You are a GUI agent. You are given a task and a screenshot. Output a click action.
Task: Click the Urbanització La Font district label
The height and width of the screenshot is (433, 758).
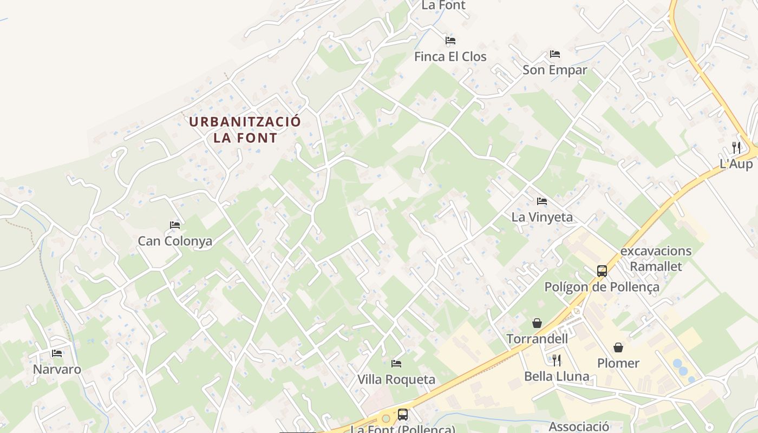(245, 129)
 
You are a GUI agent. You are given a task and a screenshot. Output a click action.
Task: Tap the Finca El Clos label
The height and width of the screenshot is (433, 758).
(450, 56)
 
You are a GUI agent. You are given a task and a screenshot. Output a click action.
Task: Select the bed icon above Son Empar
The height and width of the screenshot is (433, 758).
(554, 54)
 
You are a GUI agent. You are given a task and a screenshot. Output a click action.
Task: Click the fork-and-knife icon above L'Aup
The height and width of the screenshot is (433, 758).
(736, 147)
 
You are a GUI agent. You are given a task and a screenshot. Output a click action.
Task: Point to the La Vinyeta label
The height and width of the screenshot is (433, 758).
(541, 217)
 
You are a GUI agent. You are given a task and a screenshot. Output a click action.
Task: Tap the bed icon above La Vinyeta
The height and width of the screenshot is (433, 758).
(541, 201)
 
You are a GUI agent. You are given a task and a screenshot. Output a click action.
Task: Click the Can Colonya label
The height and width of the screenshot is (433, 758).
(175, 241)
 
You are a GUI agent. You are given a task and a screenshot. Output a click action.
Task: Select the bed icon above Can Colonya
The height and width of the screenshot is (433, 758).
(174, 225)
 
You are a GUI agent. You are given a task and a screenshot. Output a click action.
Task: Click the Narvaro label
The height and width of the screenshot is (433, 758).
(57, 369)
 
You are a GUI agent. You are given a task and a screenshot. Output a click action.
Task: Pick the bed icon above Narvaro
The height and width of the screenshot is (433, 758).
(56, 353)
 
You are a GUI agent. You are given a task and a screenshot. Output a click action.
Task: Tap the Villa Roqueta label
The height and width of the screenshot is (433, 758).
(396, 379)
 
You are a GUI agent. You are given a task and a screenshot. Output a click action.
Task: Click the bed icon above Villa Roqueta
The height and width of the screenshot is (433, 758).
(396, 364)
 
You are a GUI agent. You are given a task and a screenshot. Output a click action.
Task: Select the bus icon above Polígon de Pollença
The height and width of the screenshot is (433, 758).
(602, 271)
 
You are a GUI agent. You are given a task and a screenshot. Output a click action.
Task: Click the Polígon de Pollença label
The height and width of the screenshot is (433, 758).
(602, 287)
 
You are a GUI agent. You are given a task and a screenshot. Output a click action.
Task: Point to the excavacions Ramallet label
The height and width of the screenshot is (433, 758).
(656, 259)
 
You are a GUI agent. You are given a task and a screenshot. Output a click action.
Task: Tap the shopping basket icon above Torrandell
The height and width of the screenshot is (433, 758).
(537, 323)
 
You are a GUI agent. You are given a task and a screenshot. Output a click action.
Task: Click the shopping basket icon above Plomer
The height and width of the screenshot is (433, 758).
(618, 347)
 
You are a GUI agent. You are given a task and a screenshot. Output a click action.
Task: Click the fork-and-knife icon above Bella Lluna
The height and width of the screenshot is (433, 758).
(556, 360)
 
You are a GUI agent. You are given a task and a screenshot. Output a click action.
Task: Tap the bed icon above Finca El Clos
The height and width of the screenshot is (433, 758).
(450, 41)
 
